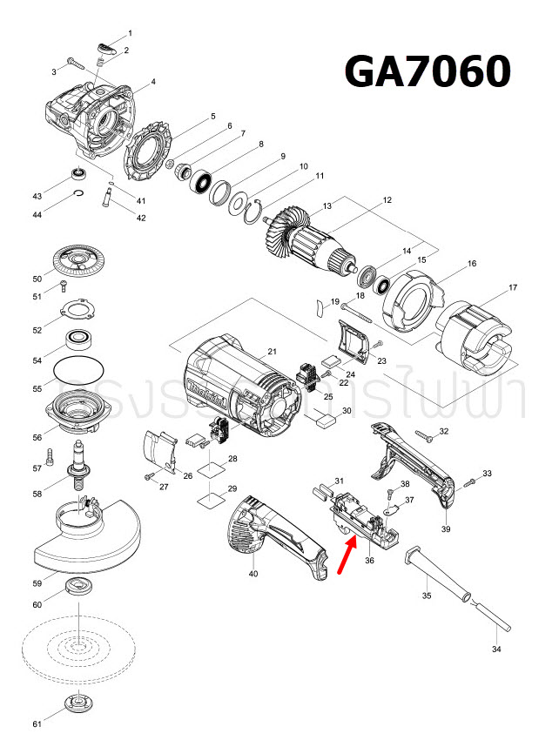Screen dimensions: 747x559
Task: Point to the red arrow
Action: pos(345,555)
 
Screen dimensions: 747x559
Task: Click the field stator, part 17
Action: pos(475,331)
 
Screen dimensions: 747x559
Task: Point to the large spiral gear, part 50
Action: pos(78,261)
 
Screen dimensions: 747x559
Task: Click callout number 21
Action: pos(272,352)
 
